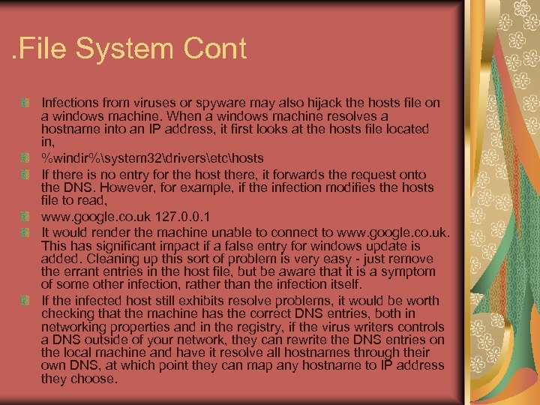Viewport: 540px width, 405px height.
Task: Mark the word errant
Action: [79, 271]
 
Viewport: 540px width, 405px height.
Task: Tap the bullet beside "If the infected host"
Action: [25, 301]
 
